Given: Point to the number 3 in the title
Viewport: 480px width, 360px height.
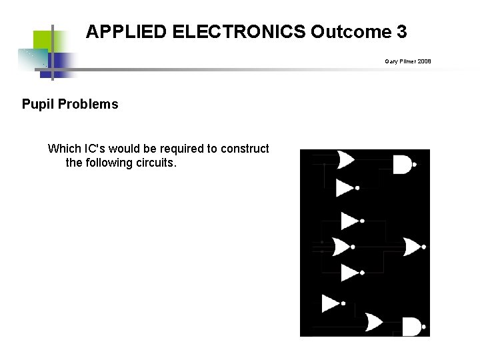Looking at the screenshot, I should (x=401, y=31).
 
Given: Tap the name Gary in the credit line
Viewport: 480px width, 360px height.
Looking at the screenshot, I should (x=391, y=61).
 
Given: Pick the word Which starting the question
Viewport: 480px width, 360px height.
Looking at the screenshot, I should (x=65, y=149).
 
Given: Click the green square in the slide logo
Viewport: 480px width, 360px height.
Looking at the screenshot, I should (x=43, y=40).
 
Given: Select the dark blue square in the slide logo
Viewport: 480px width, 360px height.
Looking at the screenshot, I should (x=61, y=65).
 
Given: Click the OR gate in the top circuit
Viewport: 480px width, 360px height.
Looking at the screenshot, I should (x=347, y=160).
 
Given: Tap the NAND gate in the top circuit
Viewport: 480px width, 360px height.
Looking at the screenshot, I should (x=403, y=164).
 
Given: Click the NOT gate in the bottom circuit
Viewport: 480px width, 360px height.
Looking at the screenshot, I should (x=331, y=303).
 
